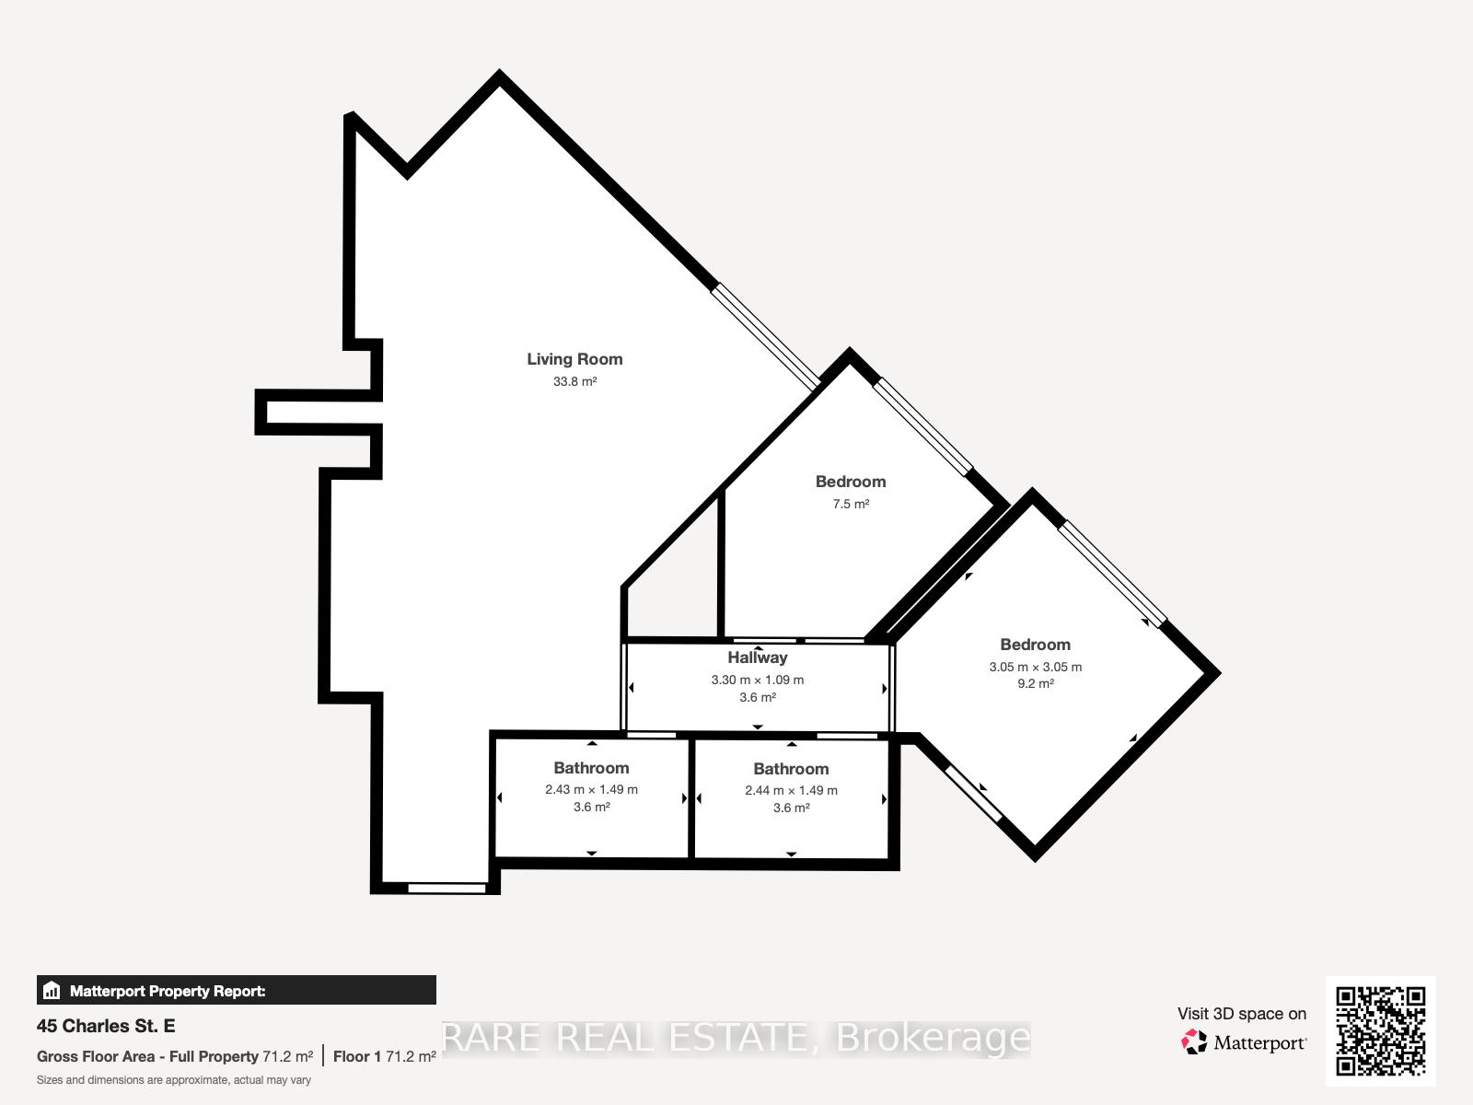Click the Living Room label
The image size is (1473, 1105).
click(x=574, y=359)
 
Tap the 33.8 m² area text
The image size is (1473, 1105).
click(x=574, y=381)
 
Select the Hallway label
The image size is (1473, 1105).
click(x=758, y=657)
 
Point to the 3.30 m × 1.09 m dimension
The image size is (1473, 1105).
click(x=758, y=680)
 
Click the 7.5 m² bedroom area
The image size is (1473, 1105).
click(x=851, y=504)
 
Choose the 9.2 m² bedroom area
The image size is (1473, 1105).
click(x=1036, y=683)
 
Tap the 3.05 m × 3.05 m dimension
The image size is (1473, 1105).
click(x=1036, y=667)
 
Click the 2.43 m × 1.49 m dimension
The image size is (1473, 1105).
click(x=591, y=790)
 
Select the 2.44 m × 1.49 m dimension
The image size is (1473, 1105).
click(x=791, y=790)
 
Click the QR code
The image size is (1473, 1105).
click(x=1380, y=1030)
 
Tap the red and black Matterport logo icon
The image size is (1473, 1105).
click(x=1194, y=1042)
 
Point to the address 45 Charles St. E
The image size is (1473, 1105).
click(x=106, y=1026)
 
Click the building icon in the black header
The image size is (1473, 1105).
click(x=52, y=990)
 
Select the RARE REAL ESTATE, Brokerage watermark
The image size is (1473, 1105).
click(x=736, y=1038)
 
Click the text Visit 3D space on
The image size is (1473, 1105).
click(x=1242, y=1014)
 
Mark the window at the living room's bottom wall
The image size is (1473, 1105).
click(x=447, y=889)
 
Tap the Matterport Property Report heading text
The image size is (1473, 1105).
click(x=168, y=991)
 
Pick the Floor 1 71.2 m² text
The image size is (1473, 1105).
click(x=385, y=1057)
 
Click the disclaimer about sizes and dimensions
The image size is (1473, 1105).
click(x=174, y=1080)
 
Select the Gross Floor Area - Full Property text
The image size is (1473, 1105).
click(x=147, y=1057)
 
